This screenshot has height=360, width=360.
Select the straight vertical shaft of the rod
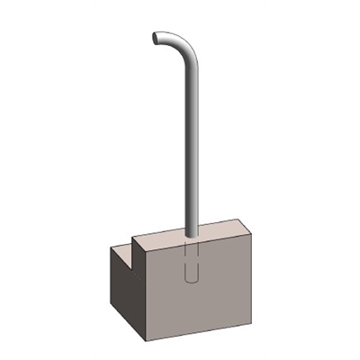click(x=191, y=144)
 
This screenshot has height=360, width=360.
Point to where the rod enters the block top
click(x=191, y=236)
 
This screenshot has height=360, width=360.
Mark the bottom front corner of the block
click(x=148, y=343)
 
